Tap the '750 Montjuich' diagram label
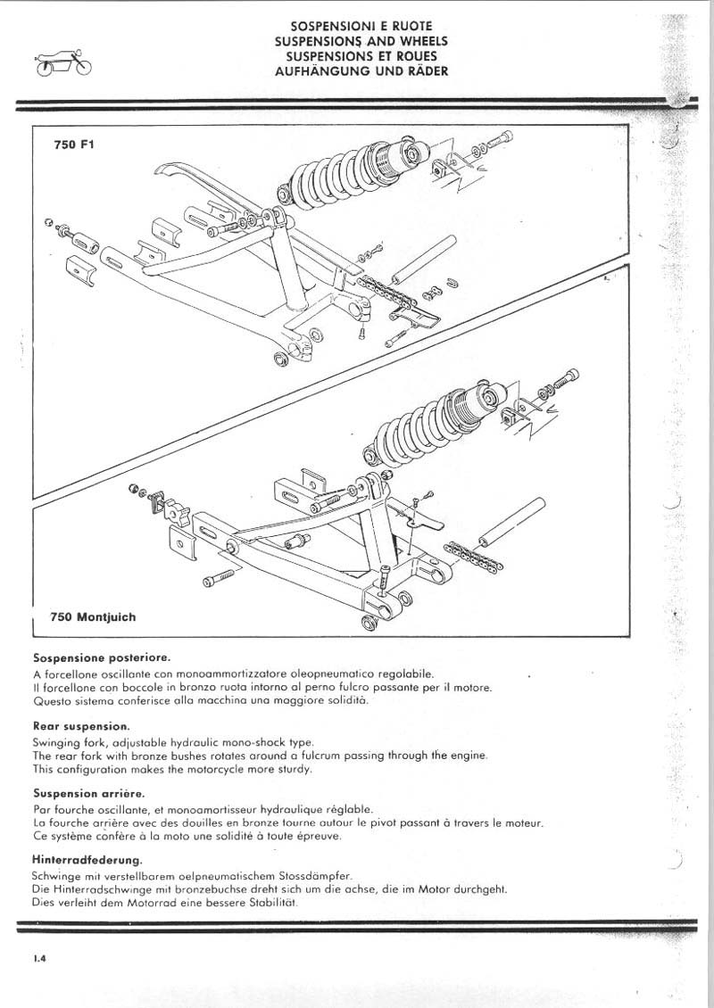point(94,616)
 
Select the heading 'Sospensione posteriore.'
point(101,657)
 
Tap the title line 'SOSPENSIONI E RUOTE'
point(361,28)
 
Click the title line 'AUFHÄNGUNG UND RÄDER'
point(361,70)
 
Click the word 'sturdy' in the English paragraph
point(295,769)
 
